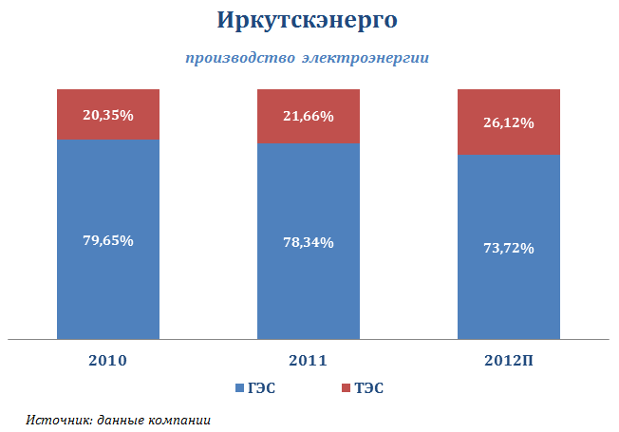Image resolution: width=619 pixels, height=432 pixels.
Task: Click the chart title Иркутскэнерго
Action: pyautogui.click(x=308, y=20)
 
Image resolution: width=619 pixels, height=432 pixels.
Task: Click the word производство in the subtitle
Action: pyautogui.click(x=239, y=58)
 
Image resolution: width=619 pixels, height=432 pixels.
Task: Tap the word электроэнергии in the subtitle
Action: pyautogui.click(x=366, y=58)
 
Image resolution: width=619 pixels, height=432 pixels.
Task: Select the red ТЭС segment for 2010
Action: pyautogui.click(x=107, y=101)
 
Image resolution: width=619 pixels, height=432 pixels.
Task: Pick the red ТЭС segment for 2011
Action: pyautogui.click(x=308, y=102)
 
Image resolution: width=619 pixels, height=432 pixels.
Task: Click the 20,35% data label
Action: pyautogui.click(x=107, y=116)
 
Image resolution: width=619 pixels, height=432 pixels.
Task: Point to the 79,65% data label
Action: pyautogui.click(x=107, y=240)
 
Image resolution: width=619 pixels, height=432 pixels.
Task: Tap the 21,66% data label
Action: pyautogui.click(x=308, y=117)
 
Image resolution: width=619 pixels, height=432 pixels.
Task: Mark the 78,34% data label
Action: pyautogui.click(x=308, y=243)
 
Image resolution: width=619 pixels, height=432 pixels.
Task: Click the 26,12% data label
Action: pyautogui.click(x=509, y=123)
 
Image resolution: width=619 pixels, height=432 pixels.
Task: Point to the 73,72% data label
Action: pyautogui.click(x=509, y=249)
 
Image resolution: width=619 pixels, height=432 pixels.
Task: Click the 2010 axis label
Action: pyautogui.click(x=107, y=361)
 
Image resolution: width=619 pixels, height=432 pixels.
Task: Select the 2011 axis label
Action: pyautogui.click(x=308, y=361)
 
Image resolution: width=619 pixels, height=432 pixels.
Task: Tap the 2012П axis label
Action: pyautogui.click(x=509, y=361)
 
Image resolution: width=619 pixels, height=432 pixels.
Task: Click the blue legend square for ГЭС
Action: pyautogui.click(x=239, y=388)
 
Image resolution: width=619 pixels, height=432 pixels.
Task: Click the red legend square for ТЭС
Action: pyautogui.click(x=344, y=388)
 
